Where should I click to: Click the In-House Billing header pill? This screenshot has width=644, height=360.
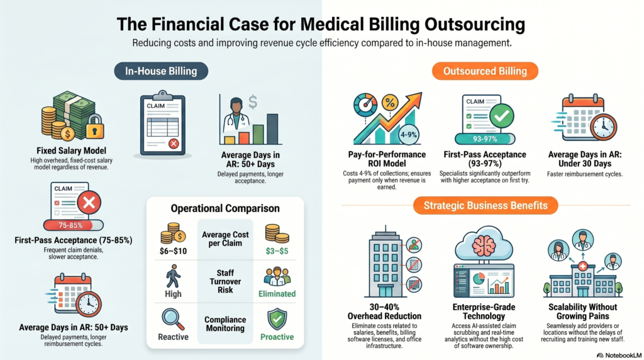pyautogui.click(x=161, y=70)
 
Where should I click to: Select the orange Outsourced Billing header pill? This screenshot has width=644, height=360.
pyautogui.click(x=485, y=70)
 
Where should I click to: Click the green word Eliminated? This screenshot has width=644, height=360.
pyautogui.click(x=277, y=293)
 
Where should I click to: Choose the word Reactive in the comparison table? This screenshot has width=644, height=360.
pyautogui.click(x=173, y=337)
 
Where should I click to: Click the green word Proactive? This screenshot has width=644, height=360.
pyautogui.click(x=277, y=337)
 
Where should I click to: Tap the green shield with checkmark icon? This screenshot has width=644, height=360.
pyautogui.click(x=277, y=318)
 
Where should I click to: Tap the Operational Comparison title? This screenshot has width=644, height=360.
pyautogui.click(x=225, y=208)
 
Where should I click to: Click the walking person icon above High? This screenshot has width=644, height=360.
pyautogui.click(x=172, y=275)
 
